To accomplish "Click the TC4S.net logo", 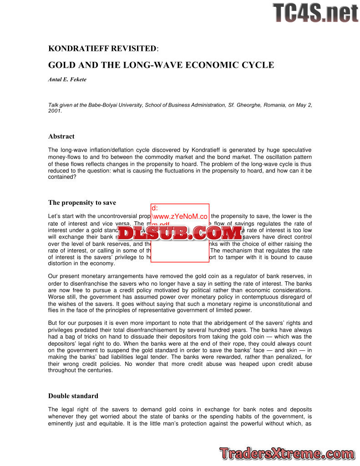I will point(315,12).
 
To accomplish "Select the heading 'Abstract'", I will point(61,137).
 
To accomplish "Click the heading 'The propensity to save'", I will point(82,203).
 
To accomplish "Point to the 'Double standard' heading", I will point(73,396).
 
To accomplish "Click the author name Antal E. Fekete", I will point(67,80).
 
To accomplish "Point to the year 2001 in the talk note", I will point(55,111).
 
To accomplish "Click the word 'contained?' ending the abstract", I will point(62,177).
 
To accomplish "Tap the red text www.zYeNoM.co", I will point(179,216).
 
